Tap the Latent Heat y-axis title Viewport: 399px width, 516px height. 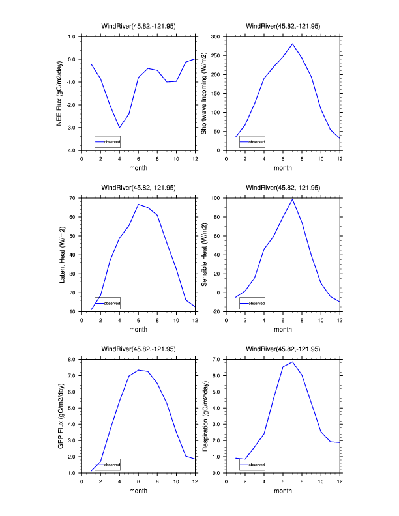click(x=62, y=255)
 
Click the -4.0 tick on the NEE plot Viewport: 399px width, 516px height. click(x=70, y=150)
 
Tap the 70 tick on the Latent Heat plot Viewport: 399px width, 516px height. click(x=72, y=197)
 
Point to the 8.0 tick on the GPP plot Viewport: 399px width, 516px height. click(x=72, y=359)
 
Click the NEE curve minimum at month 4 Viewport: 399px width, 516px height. click(x=119, y=128)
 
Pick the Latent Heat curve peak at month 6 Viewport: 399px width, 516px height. click(x=138, y=204)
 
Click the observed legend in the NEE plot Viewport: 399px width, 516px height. click(x=108, y=141)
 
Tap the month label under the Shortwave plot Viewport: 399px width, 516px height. click(x=283, y=167)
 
